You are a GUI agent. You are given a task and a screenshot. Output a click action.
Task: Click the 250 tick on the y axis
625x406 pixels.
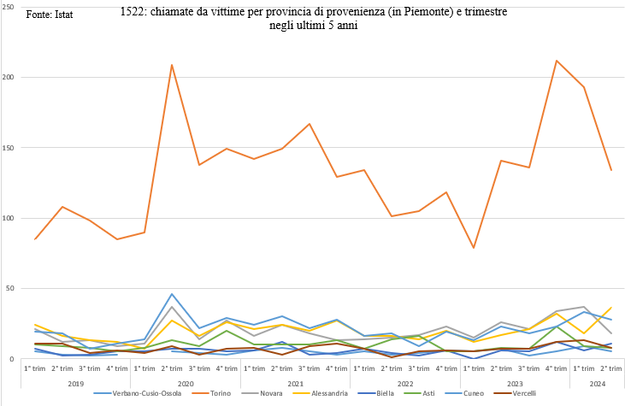point(11,7)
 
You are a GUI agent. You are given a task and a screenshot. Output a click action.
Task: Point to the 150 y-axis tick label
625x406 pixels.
point(11,148)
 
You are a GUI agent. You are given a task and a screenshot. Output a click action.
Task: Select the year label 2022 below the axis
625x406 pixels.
point(406,382)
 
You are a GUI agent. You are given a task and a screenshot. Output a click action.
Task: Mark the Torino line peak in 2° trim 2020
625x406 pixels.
point(172,65)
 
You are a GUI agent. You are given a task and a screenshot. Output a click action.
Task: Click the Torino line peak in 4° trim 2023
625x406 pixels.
point(557,61)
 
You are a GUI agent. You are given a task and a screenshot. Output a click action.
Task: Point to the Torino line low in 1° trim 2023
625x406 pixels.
point(474,248)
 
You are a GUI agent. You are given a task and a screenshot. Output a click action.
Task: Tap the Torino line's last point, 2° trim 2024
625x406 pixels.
point(610,170)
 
